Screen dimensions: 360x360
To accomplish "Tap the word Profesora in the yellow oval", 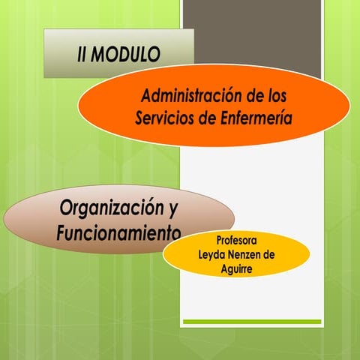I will click(236, 241).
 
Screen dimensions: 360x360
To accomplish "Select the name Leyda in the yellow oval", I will click(212, 255).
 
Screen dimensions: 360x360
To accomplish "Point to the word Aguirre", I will click(236, 268).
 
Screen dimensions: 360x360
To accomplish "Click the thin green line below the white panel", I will click(252, 322).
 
